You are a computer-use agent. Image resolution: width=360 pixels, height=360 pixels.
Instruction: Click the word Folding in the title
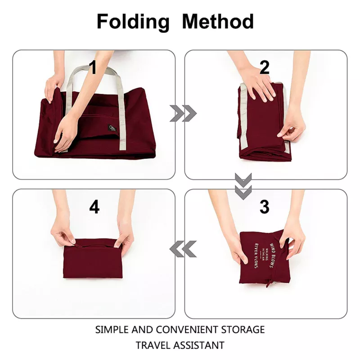pos(133,22)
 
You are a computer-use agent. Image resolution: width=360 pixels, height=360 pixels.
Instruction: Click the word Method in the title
pos(217,22)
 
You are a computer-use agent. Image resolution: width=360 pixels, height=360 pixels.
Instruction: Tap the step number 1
pos(93,68)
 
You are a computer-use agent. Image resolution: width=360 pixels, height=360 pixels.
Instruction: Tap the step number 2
pos(265,68)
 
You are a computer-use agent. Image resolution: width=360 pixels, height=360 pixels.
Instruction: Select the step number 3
pos(265,207)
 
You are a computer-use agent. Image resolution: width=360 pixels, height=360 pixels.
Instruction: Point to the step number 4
pos(94,207)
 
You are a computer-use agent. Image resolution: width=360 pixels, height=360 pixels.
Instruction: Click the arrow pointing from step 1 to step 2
pos(183,114)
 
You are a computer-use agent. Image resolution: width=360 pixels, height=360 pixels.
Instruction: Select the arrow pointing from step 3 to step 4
pos(183,248)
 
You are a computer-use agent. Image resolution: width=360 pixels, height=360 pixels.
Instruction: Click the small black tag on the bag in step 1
pos(112,130)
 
